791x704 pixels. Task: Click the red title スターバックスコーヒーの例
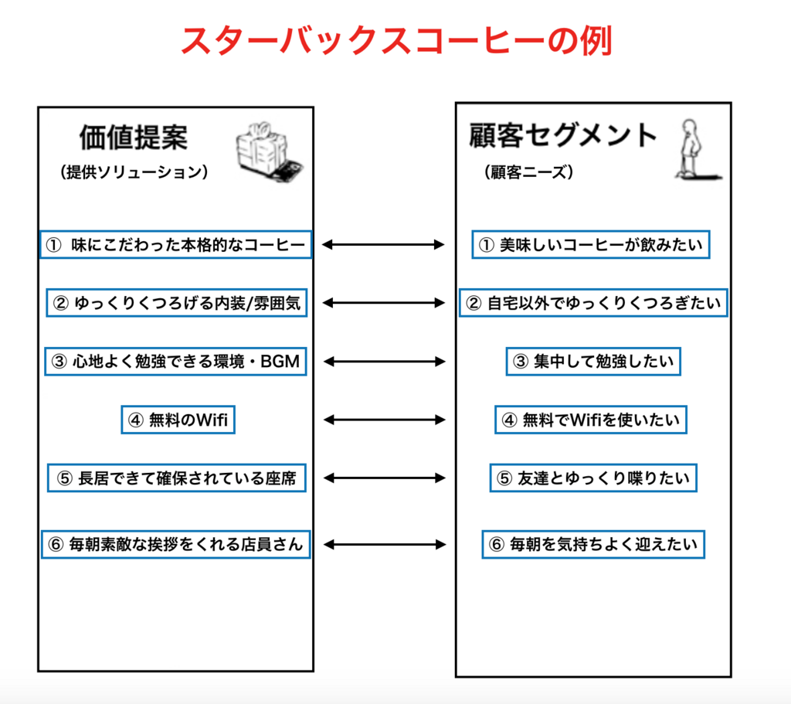point(396,40)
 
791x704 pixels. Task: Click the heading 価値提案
point(134,138)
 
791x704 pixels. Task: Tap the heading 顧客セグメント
point(562,135)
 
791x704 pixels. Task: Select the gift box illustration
point(270,151)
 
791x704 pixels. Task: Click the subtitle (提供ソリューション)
point(134,172)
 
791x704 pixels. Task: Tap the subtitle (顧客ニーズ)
point(528,172)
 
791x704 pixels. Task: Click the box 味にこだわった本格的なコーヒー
point(176,245)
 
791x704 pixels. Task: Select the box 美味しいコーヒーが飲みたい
point(591,245)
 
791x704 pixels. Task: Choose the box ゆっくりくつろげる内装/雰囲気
point(177,303)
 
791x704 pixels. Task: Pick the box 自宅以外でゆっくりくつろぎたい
point(593,303)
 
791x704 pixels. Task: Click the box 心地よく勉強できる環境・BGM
point(175,362)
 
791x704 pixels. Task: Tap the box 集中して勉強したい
point(593,362)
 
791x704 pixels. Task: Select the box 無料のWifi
point(178,420)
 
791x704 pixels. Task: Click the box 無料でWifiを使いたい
point(591,420)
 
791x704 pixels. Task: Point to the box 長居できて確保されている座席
point(177,478)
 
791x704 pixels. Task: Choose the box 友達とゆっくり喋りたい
point(593,478)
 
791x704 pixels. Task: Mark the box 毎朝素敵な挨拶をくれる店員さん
point(175,544)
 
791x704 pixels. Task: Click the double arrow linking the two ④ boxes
point(385,420)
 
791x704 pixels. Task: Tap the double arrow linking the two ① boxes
point(383,245)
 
